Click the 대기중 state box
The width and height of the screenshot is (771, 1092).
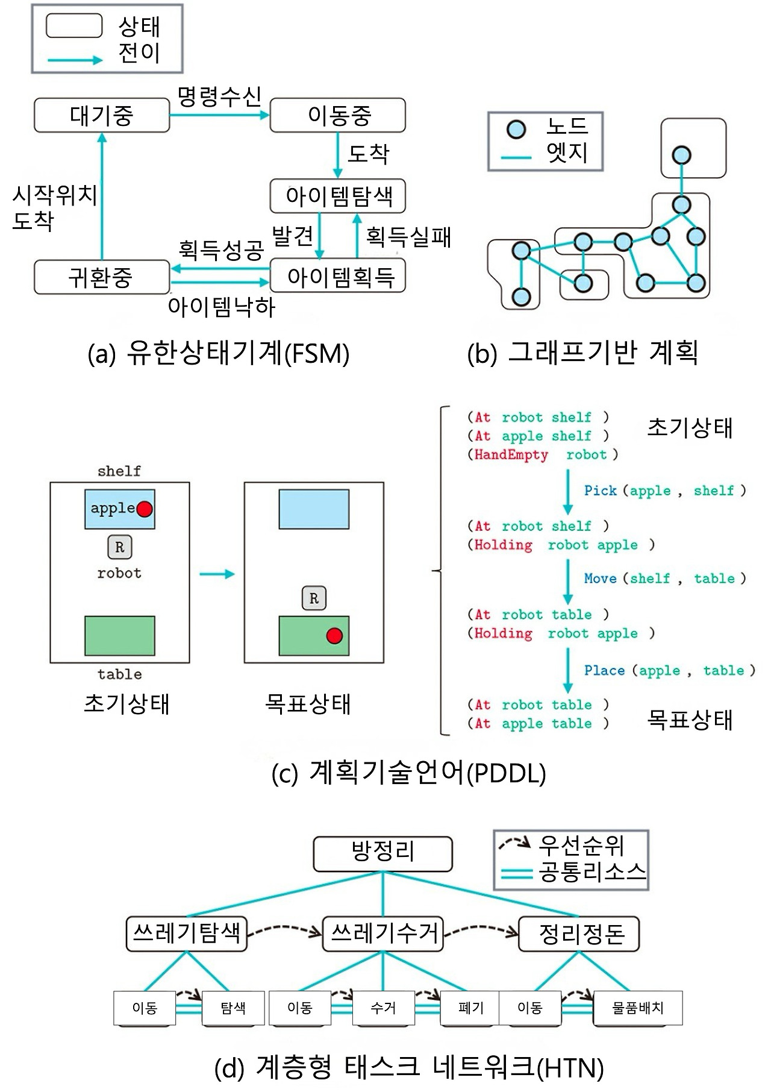102,116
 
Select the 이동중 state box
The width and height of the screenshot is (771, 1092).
338,116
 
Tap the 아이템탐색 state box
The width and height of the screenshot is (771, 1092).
338,196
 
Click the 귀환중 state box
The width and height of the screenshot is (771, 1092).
102,277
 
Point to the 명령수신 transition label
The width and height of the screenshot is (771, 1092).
219,96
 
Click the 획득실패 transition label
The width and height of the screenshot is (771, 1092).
408,237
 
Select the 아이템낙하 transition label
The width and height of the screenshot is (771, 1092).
222,307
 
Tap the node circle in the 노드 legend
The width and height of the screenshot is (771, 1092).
516,129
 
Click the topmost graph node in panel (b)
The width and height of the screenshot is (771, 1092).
681,155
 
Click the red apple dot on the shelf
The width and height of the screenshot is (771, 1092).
145,509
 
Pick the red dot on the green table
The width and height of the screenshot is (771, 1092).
334,635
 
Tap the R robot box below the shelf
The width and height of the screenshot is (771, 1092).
119,547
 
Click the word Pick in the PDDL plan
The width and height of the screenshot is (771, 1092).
601,491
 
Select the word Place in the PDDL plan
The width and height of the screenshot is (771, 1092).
604,671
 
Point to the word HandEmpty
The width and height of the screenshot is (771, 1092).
511,455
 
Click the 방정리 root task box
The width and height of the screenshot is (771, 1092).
383,853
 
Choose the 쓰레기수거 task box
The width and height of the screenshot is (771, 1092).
383,934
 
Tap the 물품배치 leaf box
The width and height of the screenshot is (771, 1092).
638,1008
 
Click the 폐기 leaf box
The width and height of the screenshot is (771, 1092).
470,1008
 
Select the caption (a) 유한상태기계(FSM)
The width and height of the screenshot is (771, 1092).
219,354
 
